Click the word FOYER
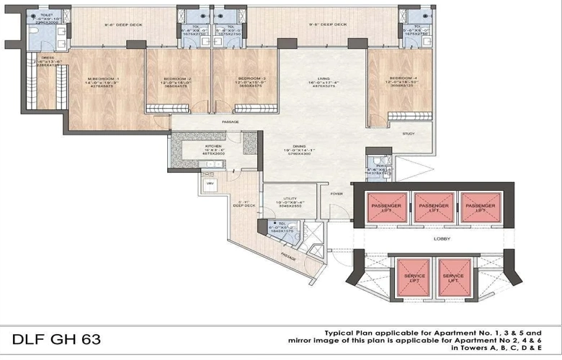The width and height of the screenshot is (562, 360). (336, 193)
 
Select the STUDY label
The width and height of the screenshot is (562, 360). (409, 134)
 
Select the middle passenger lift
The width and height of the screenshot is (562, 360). (434, 207)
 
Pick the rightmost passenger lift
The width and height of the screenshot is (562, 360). (479, 207)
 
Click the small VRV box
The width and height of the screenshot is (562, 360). (210, 184)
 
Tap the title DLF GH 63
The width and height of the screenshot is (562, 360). (56, 339)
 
